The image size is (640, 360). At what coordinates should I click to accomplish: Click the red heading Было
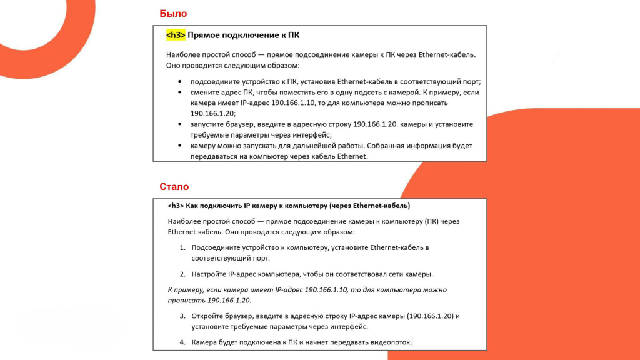(x=173, y=13)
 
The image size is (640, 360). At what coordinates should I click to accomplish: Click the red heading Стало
(x=174, y=186)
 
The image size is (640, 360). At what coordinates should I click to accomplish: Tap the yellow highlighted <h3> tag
(x=176, y=36)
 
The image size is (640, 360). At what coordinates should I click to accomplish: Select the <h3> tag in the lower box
(x=176, y=206)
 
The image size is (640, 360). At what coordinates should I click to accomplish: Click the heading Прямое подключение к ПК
(x=243, y=36)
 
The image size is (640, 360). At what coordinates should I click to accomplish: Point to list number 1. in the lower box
(x=183, y=247)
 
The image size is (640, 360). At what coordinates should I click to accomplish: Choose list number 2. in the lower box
(x=183, y=274)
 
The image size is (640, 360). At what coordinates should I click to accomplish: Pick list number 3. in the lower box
(x=183, y=316)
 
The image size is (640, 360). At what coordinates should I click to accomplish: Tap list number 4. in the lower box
(x=183, y=342)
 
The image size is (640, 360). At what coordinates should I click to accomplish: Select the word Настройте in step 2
(x=209, y=274)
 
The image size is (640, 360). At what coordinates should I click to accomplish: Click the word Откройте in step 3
(x=208, y=316)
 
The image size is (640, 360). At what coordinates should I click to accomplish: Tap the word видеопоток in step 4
(x=391, y=342)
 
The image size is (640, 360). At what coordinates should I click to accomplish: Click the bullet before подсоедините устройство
(x=180, y=82)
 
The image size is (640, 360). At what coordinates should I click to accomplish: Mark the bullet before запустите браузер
(x=180, y=124)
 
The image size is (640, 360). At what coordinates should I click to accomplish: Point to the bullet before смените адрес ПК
(x=180, y=92)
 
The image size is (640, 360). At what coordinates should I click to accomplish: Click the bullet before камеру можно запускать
(x=180, y=146)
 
